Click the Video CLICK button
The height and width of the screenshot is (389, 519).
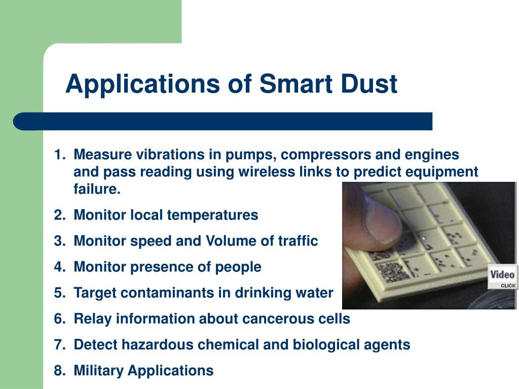coord(502,278)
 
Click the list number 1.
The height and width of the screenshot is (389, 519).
coord(59,154)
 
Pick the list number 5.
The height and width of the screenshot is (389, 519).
coord(59,293)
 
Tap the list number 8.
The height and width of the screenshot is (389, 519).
coord(59,371)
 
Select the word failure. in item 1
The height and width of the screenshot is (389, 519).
coord(97,189)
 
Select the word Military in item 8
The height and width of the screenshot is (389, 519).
coord(98,371)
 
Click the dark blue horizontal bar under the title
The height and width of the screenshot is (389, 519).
coord(223,122)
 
